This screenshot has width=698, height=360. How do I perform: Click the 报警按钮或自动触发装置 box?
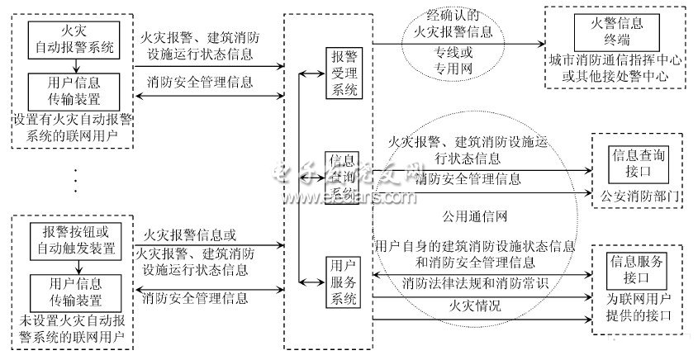[75, 238]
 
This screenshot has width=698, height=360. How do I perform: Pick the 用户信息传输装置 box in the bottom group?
[75, 290]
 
